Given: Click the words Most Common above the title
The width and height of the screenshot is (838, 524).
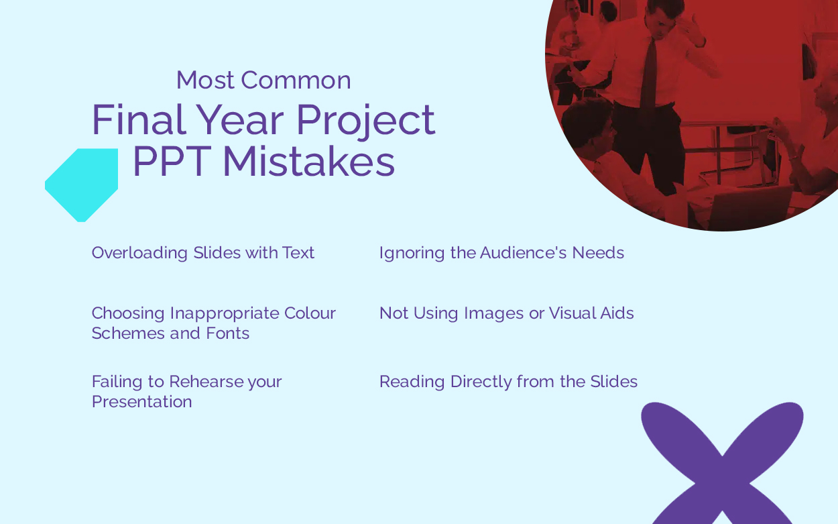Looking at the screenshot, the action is pos(263,80).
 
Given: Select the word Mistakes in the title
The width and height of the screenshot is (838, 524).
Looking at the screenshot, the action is pos(308,161).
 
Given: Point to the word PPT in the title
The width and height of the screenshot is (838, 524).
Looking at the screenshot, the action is pos(172,161).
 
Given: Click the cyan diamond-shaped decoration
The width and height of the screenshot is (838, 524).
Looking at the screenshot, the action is pos(82,185).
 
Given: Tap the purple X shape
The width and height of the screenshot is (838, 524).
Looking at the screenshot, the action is pos(722,463).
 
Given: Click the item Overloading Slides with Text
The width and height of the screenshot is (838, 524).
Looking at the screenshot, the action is pos(203,253).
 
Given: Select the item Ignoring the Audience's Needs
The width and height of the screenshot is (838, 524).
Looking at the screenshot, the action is pos(501,253).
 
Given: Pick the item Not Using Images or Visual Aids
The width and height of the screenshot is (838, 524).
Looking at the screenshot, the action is pos(507,313).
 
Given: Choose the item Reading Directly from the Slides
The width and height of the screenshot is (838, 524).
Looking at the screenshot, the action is pos(508,382).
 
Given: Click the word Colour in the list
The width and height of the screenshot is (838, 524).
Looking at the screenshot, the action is pos(310,313).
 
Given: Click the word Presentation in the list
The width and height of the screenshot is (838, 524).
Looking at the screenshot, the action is pos(141,402).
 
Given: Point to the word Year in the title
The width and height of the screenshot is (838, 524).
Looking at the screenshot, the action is pos(240,119).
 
